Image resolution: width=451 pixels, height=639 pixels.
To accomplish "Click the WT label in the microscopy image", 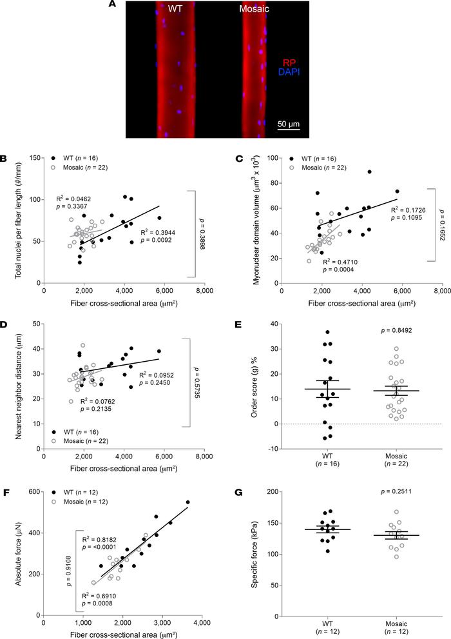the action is click(x=175, y=8).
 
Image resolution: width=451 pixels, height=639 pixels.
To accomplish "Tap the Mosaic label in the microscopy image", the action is click(x=254, y=8).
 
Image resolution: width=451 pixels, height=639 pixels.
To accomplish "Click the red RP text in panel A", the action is click(x=289, y=63).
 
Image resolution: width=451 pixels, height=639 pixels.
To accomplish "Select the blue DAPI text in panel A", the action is click(x=289, y=72).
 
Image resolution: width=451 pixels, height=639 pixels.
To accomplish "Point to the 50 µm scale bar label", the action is click(x=289, y=124).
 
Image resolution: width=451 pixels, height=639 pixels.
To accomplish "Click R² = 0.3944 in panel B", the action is click(x=157, y=233).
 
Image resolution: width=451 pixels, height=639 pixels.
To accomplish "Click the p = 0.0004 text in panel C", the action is click(x=338, y=270).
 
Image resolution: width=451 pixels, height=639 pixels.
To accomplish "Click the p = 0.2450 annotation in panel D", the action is click(x=155, y=382).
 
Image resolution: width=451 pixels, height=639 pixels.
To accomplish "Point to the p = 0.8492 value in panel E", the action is click(x=396, y=331).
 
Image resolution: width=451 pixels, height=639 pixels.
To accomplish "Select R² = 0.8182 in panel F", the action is click(x=99, y=539).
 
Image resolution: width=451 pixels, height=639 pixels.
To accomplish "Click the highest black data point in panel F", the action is click(x=187, y=502).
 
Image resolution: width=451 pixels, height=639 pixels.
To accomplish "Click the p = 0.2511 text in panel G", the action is click(x=396, y=491).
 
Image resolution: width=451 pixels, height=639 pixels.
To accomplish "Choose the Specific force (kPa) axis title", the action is click(x=254, y=554).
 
